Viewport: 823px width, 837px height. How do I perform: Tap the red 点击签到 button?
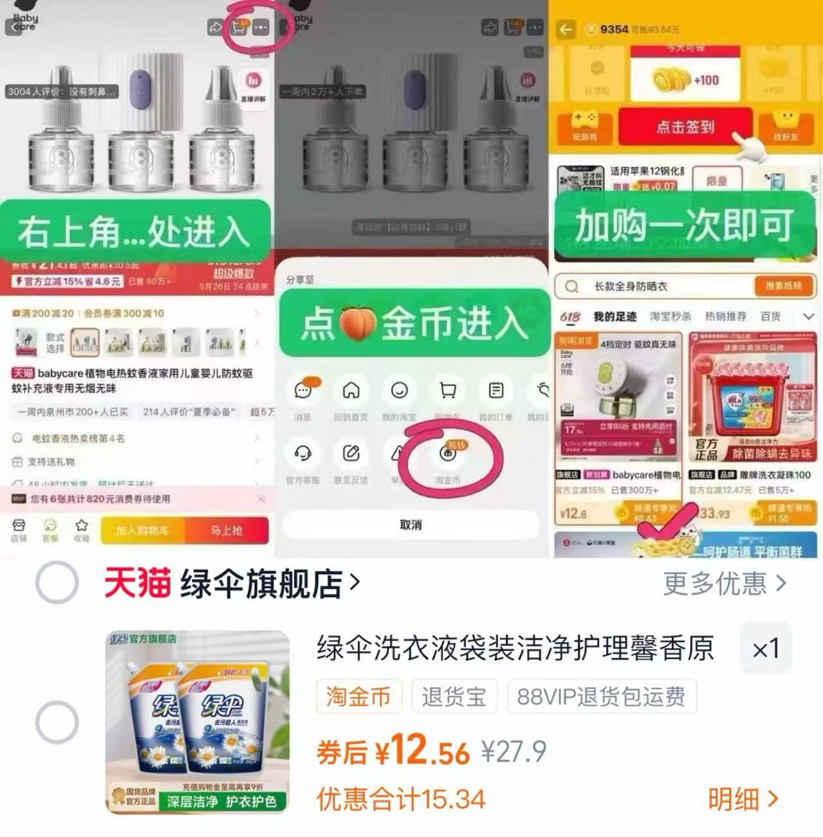tap(685, 127)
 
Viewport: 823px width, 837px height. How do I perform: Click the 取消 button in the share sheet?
tap(411, 525)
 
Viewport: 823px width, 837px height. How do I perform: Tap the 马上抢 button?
tap(227, 531)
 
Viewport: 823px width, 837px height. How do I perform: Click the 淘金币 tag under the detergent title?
tap(358, 696)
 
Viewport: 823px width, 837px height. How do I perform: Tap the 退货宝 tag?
tap(454, 696)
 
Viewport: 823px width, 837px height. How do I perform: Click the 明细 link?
tap(743, 799)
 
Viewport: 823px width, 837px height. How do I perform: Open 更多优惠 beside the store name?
tap(725, 584)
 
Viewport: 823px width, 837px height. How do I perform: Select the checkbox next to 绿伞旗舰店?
tap(57, 582)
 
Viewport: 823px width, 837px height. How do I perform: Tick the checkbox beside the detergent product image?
tap(57, 722)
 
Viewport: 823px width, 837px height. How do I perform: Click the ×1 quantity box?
tap(766, 649)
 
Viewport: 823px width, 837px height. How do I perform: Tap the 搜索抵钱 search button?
tap(782, 286)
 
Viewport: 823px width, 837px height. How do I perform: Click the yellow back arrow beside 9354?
tap(566, 30)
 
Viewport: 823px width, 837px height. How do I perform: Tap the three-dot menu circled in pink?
tap(261, 28)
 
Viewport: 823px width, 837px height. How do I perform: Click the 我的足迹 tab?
tap(615, 316)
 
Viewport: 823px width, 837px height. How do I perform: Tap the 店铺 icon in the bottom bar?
tap(19, 530)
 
